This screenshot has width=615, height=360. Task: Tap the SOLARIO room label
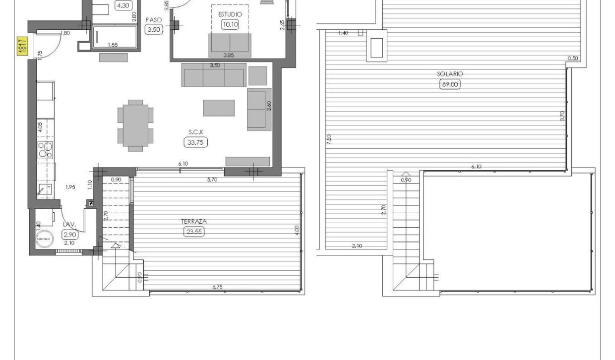click(x=450, y=74)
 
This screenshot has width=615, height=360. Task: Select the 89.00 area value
click(x=450, y=84)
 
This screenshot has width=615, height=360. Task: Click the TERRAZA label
click(x=194, y=222)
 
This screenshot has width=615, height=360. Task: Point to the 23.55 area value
click(x=194, y=231)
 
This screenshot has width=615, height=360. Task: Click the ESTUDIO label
click(x=230, y=15)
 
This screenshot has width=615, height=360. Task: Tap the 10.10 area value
click(x=230, y=24)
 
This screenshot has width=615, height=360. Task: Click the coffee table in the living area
click(x=219, y=108)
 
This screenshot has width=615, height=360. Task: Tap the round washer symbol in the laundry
click(x=44, y=239)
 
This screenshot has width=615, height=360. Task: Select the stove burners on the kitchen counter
click(x=46, y=150)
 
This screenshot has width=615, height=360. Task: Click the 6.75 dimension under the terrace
click(x=217, y=287)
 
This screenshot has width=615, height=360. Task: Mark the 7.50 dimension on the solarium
click(x=329, y=139)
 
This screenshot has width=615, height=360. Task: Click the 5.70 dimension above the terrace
click(x=212, y=179)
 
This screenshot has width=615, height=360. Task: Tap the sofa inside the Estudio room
click(x=230, y=45)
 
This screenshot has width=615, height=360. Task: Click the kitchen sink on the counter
click(x=45, y=189)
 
